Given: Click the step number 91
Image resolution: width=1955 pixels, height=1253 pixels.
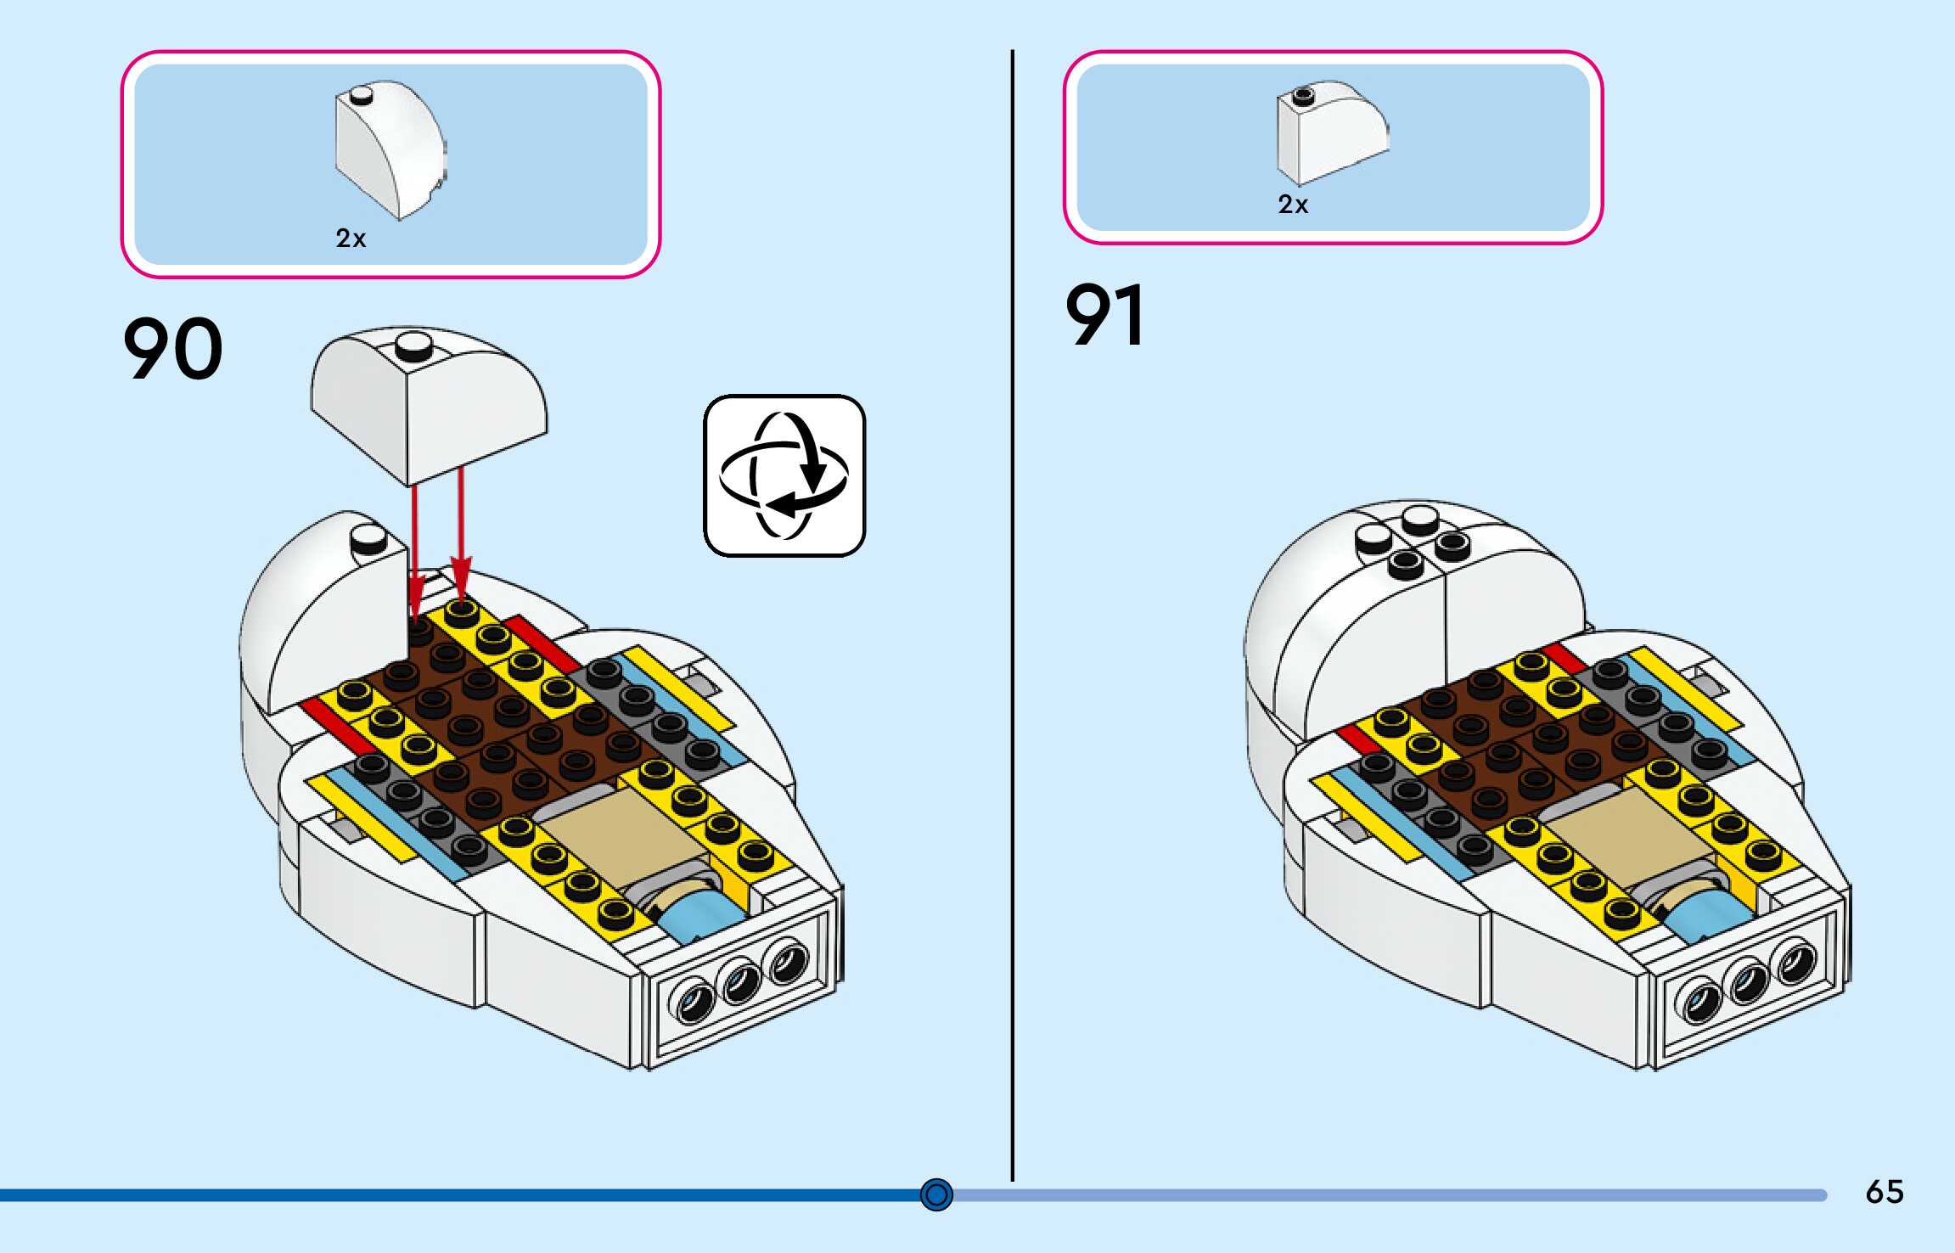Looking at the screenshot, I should (x=1104, y=315).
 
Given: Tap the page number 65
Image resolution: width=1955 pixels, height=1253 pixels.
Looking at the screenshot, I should (x=1885, y=1192).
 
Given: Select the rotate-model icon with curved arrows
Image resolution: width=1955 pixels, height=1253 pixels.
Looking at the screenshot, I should (x=784, y=475).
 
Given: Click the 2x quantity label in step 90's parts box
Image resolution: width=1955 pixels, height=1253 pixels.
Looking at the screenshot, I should (x=351, y=239).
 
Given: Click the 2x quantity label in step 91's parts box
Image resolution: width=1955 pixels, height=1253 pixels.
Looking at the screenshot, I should (x=1293, y=205).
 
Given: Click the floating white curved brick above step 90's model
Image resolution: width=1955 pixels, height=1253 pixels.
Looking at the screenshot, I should (x=429, y=407).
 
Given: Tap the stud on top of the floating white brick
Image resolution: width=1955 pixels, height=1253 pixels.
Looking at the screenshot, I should (x=414, y=345).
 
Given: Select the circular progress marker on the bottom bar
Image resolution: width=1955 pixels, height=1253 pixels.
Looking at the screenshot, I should (x=936, y=1194).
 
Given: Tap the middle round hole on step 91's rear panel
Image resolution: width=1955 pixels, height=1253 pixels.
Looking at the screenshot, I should (x=1746, y=982).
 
